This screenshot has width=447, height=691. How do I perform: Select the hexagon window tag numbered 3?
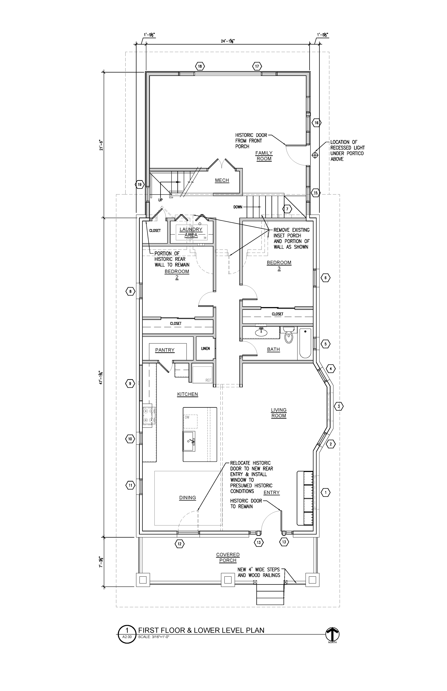click(338, 407)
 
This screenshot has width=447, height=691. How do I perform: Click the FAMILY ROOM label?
click(264, 156)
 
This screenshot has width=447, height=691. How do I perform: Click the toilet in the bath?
click(289, 335)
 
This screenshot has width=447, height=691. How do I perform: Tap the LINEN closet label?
click(205, 348)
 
